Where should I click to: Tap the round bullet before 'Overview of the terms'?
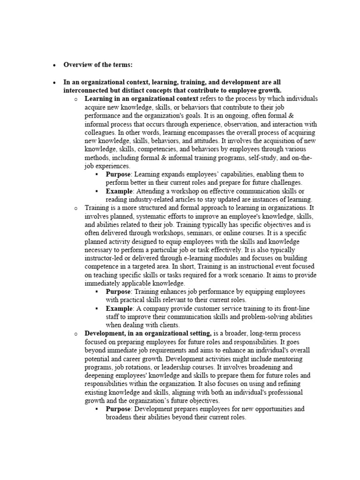click(54, 65)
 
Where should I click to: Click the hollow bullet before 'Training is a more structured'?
click(75, 208)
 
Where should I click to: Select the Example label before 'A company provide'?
click(120, 308)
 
